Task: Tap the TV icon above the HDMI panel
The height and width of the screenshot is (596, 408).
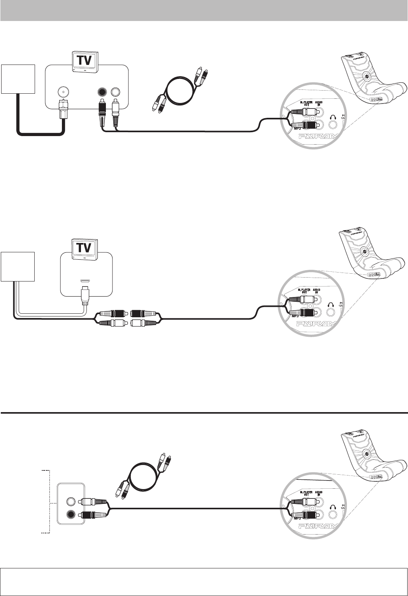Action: click(x=86, y=248)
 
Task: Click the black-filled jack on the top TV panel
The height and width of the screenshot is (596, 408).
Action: click(x=102, y=92)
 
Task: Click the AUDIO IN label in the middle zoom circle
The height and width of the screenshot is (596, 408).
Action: click(x=318, y=291)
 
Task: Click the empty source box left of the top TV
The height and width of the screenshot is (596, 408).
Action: click(x=18, y=79)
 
